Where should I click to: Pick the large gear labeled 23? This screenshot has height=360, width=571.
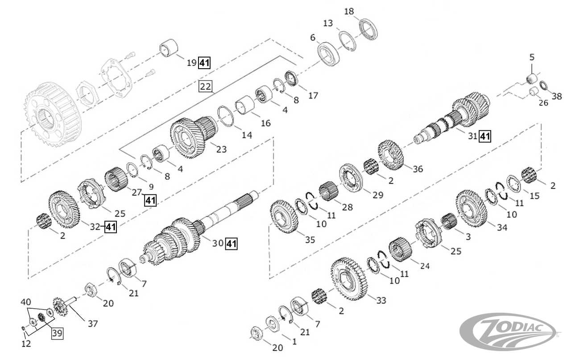189,139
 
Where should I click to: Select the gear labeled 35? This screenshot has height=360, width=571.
284,216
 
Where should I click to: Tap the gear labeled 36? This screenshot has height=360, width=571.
391,154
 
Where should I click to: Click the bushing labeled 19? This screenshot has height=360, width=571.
169,48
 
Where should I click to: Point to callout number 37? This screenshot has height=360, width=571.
92,323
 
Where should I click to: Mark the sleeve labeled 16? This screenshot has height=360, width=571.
244,105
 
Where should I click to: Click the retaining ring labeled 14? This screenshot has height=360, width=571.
226,116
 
